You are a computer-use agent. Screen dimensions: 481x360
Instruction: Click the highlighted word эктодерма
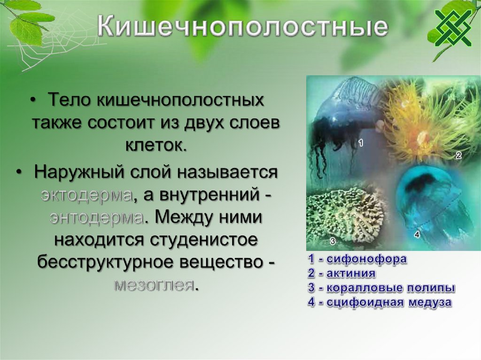87,195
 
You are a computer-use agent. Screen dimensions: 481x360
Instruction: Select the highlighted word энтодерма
96,217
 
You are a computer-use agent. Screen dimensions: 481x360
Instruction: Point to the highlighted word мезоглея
154,285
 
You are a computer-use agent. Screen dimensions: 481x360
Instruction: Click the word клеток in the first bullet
156,146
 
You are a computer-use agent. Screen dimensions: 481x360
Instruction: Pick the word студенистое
203,240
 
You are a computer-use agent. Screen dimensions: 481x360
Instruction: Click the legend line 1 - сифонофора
357,259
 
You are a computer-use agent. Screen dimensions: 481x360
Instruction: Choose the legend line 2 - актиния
342,273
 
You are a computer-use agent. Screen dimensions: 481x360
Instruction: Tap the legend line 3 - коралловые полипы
381,288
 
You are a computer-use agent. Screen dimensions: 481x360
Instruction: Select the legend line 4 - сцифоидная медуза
380,302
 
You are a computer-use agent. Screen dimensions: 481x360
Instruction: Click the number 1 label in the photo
361,142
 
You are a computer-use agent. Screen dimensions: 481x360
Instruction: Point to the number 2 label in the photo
458,155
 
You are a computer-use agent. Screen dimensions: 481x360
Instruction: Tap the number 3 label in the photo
333,242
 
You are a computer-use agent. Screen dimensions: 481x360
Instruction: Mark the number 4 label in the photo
417,235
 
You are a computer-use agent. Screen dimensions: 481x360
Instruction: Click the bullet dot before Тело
33,100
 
